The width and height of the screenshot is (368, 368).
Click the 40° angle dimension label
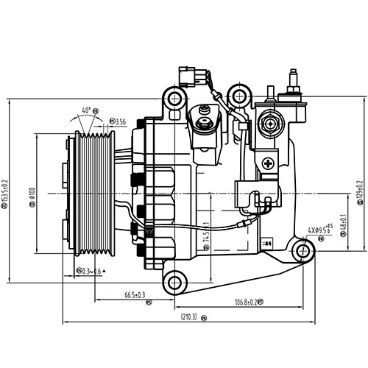click(87, 110)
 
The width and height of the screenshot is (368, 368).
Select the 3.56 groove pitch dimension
click(118, 121)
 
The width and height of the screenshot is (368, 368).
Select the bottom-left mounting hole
click(174, 281)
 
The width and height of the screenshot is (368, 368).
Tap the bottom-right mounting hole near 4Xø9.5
click(302, 252)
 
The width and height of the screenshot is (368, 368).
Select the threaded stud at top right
click(293, 77)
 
